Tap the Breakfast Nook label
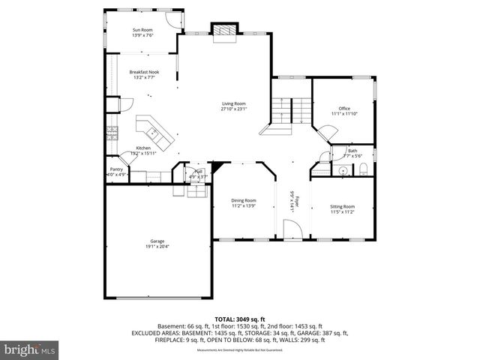pyautogui.click(x=144, y=73)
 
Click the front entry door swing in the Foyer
pyautogui.click(x=295, y=229)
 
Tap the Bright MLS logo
pyautogui.click(x=30, y=349)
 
